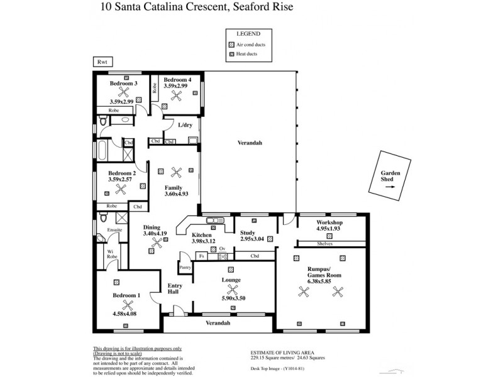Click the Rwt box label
pyautogui.click(x=101, y=62)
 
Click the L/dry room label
pyautogui.click(x=185, y=125)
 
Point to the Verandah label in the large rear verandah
pyautogui.click(x=250, y=143)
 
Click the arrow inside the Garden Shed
pyautogui.click(x=390, y=187)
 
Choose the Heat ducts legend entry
pyautogui.click(x=249, y=56)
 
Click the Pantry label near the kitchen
pyautogui.click(x=185, y=267)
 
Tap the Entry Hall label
pyautogui.click(x=175, y=290)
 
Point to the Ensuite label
pyautogui.click(x=114, y=230)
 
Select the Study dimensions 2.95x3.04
pyautogui.click(x=254, y=239)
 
